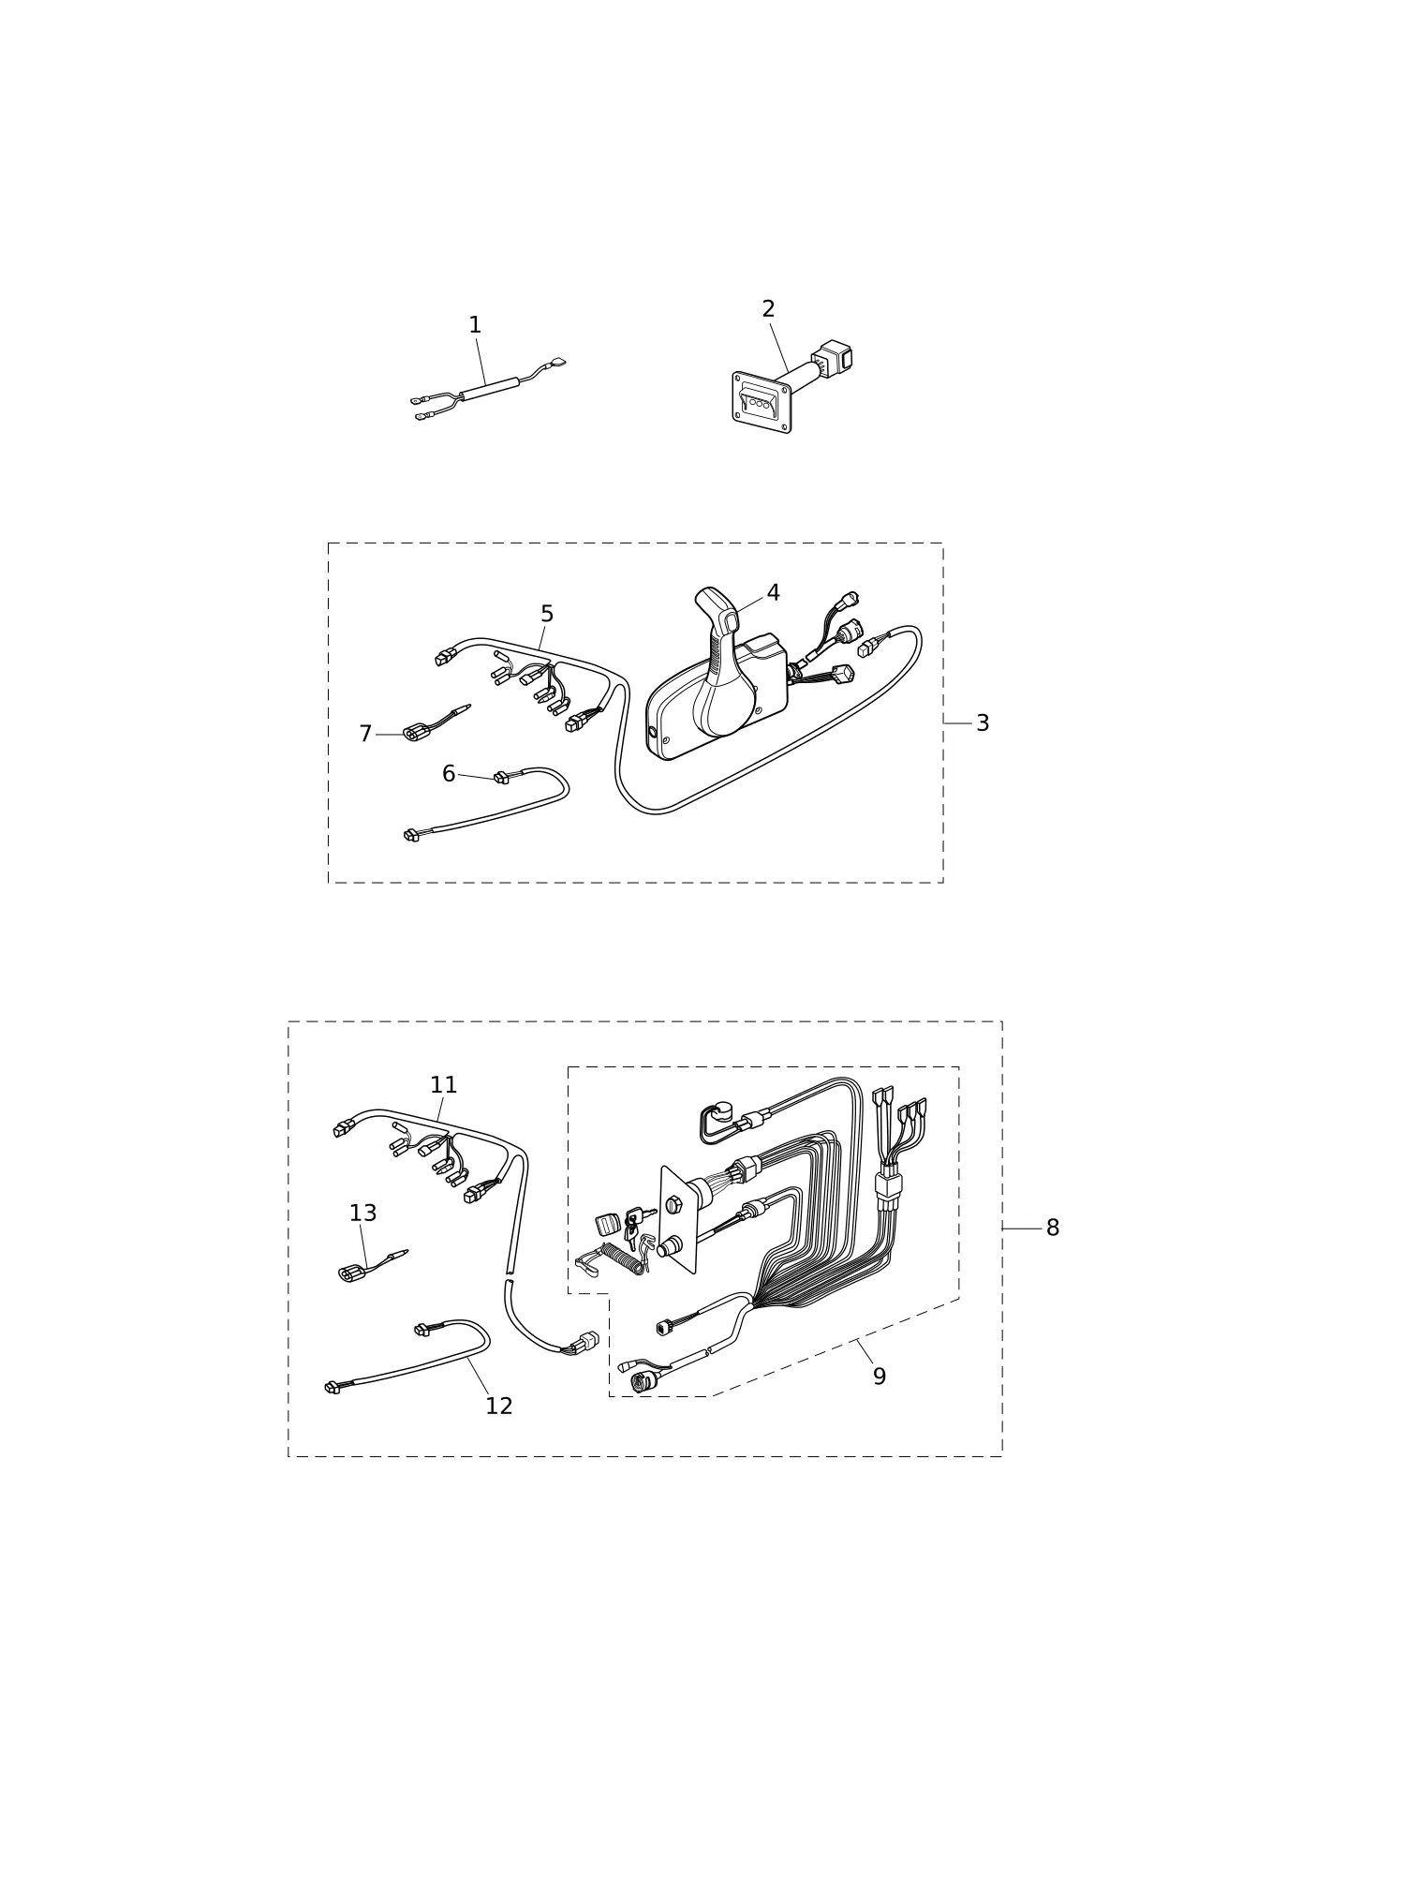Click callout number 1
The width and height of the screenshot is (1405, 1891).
click(475, 325)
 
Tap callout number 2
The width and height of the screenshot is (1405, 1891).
click(768, 309)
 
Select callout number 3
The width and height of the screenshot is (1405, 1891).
click(983, 723)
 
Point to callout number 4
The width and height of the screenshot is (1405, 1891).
click(773, 593)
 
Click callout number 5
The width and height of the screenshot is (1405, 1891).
click(547, 615)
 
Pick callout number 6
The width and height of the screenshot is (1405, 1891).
click(449, 774)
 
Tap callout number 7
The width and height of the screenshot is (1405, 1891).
click(365, 734)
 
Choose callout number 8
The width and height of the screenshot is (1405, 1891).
click(1053, 1228)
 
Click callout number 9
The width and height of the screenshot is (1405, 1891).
click(880, 1377)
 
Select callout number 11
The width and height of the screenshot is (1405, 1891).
click(443, 1085)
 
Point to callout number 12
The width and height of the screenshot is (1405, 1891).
click(499, 1407)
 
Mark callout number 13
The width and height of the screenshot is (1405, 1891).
click(362, 1214)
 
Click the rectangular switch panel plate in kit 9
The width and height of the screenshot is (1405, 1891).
click(679, 1220)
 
